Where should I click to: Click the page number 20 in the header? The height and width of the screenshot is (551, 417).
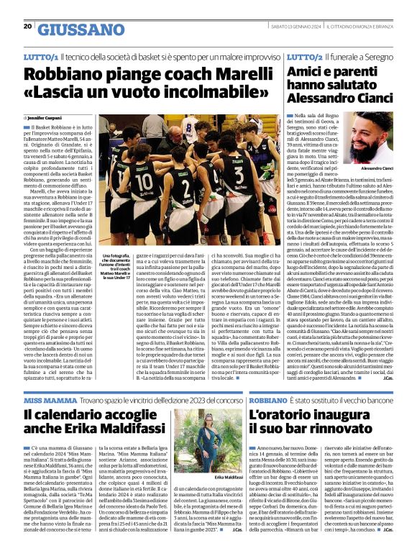(27, 26)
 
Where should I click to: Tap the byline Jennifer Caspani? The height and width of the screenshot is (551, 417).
(46, 118)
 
